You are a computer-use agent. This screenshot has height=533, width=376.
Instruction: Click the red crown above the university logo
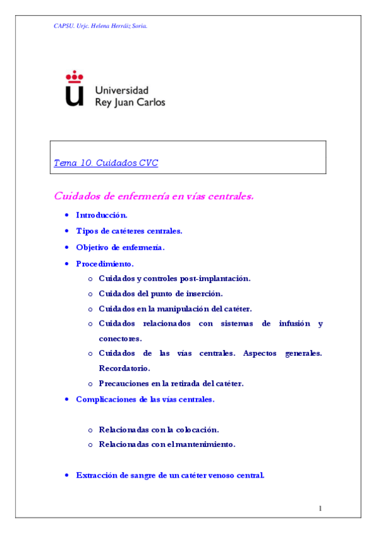(x=75, y=77)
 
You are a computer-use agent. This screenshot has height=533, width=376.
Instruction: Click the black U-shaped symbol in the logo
(x=75, y=96)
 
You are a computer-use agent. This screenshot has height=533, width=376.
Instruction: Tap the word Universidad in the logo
(x=122, y=90)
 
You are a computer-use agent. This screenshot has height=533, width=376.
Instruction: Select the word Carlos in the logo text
(x=151, y=102)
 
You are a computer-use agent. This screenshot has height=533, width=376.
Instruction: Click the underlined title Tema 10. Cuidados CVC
(x=106, y=163)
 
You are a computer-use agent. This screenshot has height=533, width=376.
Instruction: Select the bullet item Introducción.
(x=102, y=215)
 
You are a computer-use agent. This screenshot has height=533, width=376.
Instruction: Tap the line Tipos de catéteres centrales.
(x=129, y=231)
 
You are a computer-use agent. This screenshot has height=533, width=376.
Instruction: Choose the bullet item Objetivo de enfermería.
(x=120, y=247)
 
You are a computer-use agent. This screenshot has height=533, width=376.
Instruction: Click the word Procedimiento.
(x=104, y=263)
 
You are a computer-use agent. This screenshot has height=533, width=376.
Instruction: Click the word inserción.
(x=204, y=294)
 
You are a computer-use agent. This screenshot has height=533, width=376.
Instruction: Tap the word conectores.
(x=120, y=338)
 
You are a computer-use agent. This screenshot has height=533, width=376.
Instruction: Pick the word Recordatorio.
(x=124, y=368)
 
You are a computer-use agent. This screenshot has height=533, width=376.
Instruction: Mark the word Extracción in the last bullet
(x=97, y=475)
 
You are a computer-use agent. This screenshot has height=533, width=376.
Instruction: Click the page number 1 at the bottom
(x=320, y=507)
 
